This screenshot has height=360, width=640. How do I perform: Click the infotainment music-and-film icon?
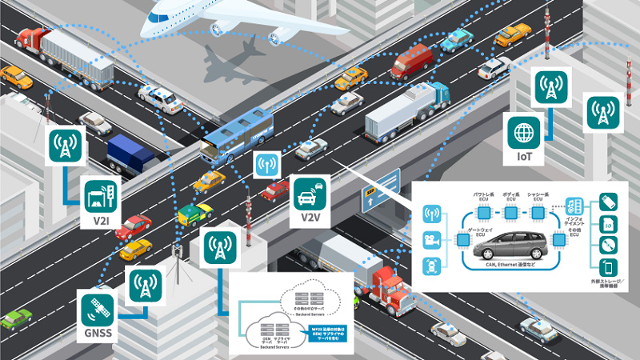tap(574, 205)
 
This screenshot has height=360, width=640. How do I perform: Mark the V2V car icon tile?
tap(310, 193)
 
